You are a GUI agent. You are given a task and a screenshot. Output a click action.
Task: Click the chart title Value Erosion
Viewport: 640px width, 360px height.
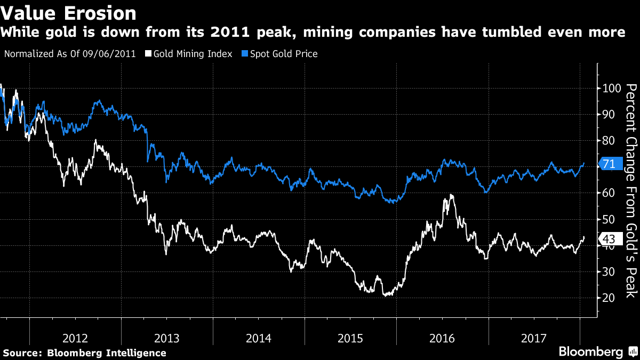(68, 12)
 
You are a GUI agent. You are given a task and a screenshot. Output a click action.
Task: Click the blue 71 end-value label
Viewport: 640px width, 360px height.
(609, 164)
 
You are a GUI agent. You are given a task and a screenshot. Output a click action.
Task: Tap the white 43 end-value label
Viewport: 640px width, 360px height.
(609, 238)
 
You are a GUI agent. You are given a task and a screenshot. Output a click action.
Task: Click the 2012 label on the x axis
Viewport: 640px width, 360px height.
(75, 338)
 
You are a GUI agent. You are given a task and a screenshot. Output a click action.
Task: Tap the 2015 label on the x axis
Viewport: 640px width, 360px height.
(350, 338)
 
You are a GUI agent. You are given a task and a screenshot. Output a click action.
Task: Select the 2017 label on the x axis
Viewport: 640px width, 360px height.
(534, 338)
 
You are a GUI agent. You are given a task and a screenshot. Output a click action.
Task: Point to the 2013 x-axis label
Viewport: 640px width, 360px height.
(167, 338)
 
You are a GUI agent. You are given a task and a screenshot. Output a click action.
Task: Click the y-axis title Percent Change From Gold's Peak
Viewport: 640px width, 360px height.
(631, 190)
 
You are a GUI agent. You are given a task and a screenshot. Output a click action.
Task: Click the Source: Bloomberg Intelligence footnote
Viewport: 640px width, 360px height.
(85, 353)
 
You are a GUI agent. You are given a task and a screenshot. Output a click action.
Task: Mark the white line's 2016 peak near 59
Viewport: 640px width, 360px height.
(452, 195)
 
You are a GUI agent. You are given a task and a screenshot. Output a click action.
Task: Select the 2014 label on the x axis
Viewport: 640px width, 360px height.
(259, 338)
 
